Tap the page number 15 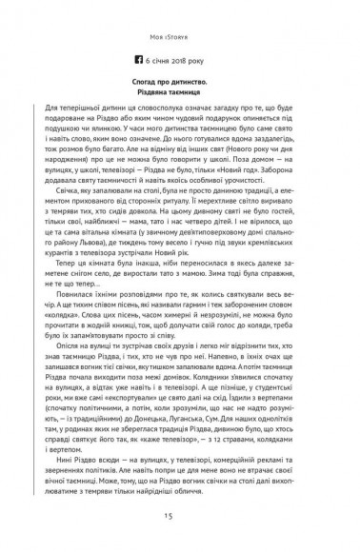(180, 516)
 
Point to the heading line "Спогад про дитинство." (180, 87)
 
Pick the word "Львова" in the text (96, 264)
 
